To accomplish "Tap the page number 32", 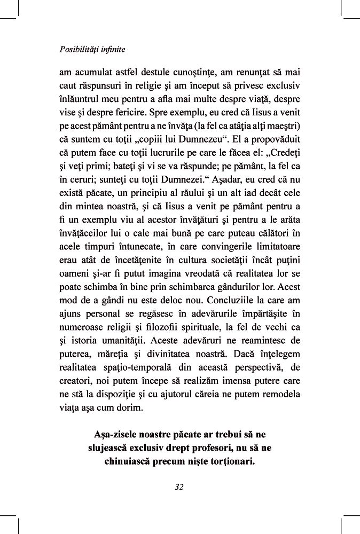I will [179, 486].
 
